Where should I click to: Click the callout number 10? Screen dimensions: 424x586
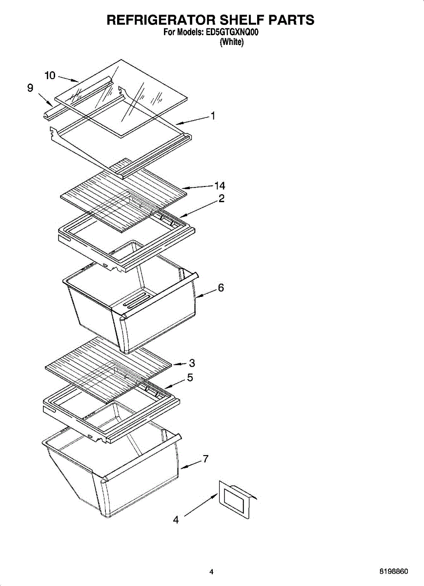[x=50, y=75]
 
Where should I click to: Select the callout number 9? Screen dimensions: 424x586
[x=30, y=88]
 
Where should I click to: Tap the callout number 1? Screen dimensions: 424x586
[x=213, y=116]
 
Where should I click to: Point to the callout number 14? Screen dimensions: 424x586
[x=220, y=186]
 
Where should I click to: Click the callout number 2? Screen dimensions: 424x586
[x=221, y=199]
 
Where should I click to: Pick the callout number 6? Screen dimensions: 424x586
[x=221, y=288]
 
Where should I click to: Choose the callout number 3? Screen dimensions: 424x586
[x=192, y=363]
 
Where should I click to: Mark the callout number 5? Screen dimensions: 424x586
[x=190, y=377]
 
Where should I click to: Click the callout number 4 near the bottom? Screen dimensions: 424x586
[x=176, y=520]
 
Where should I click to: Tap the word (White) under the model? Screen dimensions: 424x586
[x=232, y=42]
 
